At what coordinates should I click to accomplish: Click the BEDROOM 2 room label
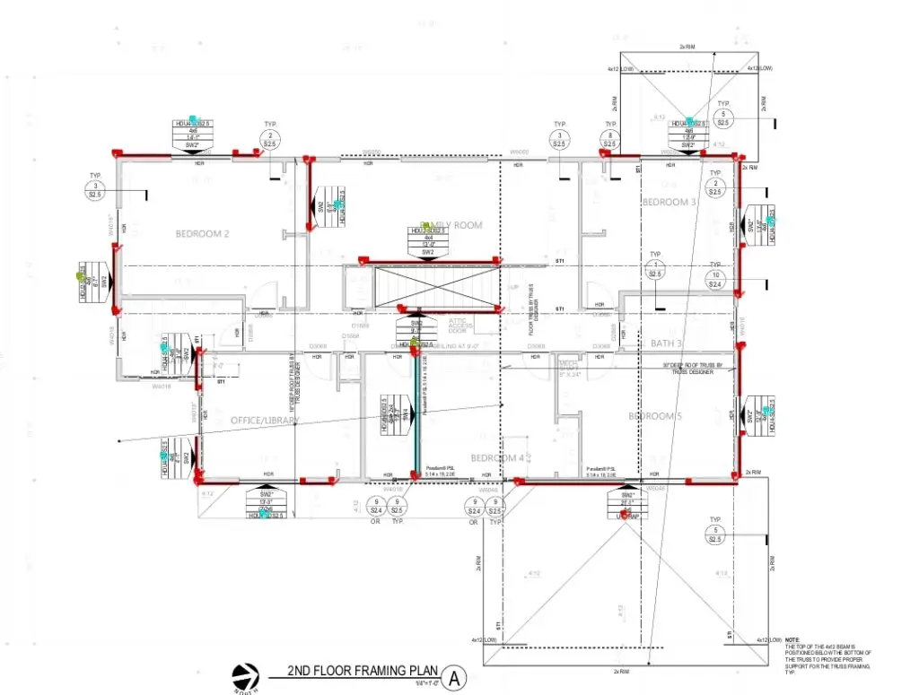tap(202, 234)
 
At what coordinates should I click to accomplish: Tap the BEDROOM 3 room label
tap(670, 203)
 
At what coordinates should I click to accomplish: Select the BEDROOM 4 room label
tap(497, 457)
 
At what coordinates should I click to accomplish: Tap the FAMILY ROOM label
tap(451, 225)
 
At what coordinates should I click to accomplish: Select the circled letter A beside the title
tap(455, 677)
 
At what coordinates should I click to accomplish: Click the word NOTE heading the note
tap(792, 639)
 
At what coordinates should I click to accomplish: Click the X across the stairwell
tap(420, 288)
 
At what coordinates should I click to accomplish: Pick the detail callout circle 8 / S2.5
tap(610, 138)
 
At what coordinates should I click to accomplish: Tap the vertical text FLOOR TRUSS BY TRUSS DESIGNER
tap(532, 296)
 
